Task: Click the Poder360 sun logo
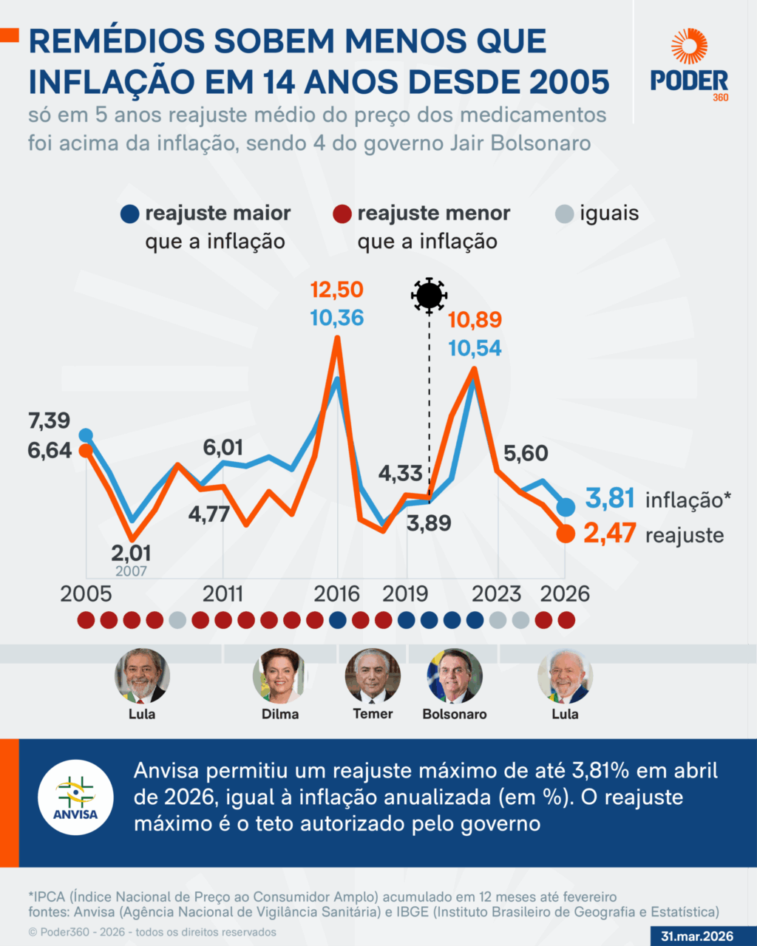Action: [689, 47]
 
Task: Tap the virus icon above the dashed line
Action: [429, 295]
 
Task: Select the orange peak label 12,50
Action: [336, 289]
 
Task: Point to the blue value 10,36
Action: [336, 318]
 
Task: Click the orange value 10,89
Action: [475, 320]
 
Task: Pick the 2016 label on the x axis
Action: [337, 593]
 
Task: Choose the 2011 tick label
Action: [223, 593]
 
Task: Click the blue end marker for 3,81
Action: [566, 507]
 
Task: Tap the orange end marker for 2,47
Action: [566, 534]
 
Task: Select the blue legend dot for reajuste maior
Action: [129, 214]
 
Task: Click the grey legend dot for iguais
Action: [564, 214]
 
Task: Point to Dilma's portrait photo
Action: [280, 676]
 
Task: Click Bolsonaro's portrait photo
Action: [454, 676]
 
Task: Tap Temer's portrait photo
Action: [373, 676]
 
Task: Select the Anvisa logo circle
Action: [75, 797]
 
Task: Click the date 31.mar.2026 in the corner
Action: [697, 936]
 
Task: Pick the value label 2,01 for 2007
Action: [131, 553]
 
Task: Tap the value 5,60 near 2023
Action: [526, 453]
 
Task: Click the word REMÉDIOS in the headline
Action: [133, 41]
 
